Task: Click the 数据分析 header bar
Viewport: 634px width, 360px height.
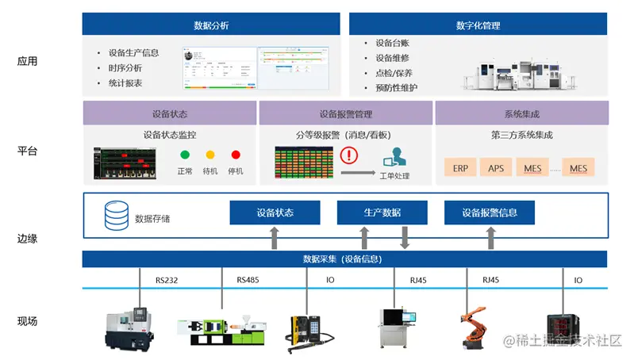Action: pos(211,25)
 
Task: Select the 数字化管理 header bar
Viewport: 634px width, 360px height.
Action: pos(478,25)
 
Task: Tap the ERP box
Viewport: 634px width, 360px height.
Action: pos(460,168)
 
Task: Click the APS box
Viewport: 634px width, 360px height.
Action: pos(496,168)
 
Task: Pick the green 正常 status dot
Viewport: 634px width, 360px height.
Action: pos(185,155)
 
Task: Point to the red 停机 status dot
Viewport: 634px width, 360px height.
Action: pos(236,155)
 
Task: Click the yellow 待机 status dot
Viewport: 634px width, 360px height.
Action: pos(210,155)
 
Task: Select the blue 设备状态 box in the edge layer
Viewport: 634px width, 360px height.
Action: pos(275,213)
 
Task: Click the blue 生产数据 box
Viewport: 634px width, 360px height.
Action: pos(382,213)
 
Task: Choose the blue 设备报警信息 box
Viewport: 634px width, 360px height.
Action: pos(490,213)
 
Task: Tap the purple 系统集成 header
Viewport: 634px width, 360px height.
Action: pos(521,114)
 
